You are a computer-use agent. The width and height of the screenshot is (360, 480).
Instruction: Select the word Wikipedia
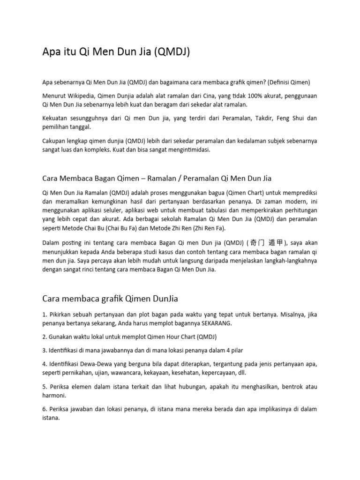pos(82,96)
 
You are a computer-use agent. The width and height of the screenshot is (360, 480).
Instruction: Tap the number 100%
pos(250,96)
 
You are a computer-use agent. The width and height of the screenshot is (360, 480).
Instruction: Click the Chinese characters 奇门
pos(259,242)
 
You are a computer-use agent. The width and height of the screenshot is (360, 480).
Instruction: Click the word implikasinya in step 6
pos(267,409)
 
